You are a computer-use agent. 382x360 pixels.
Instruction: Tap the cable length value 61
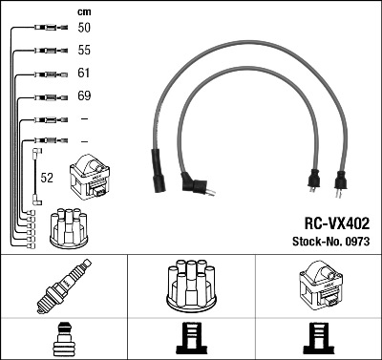tap(84, 74)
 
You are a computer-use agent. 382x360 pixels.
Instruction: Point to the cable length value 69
tap(84, 96)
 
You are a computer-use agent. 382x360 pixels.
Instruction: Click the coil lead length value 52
tap(46, 177)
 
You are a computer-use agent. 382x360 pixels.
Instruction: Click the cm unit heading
tap(84, 11)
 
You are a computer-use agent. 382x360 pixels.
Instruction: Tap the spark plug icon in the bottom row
tap(63, 285)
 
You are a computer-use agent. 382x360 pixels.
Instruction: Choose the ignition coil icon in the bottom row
tap(319, 285)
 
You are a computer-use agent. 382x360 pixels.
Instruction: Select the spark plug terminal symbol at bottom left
tap(63, 338)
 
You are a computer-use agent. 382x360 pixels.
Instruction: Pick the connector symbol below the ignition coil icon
tap(319, 338)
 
